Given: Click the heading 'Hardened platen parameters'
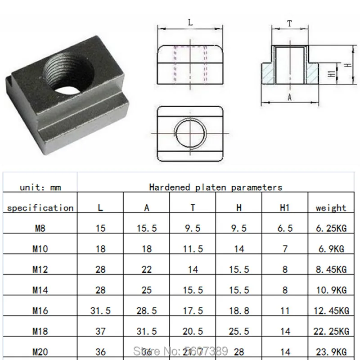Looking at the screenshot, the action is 216,187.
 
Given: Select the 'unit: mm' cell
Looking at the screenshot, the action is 40,187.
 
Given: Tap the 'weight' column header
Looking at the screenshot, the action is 331,208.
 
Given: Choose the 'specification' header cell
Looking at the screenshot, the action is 40,208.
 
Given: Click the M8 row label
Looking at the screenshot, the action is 40,228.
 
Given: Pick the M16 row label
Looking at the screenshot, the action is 40,310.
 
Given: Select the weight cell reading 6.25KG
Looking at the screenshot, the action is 331,228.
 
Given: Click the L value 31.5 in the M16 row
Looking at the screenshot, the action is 101,310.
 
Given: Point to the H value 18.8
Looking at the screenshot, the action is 239,310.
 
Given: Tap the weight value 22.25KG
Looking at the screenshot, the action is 331,331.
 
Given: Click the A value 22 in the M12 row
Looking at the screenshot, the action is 147,270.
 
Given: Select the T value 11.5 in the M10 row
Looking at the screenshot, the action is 193,249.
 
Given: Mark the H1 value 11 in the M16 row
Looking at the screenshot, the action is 285,310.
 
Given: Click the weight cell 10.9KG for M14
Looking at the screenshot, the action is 331,290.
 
